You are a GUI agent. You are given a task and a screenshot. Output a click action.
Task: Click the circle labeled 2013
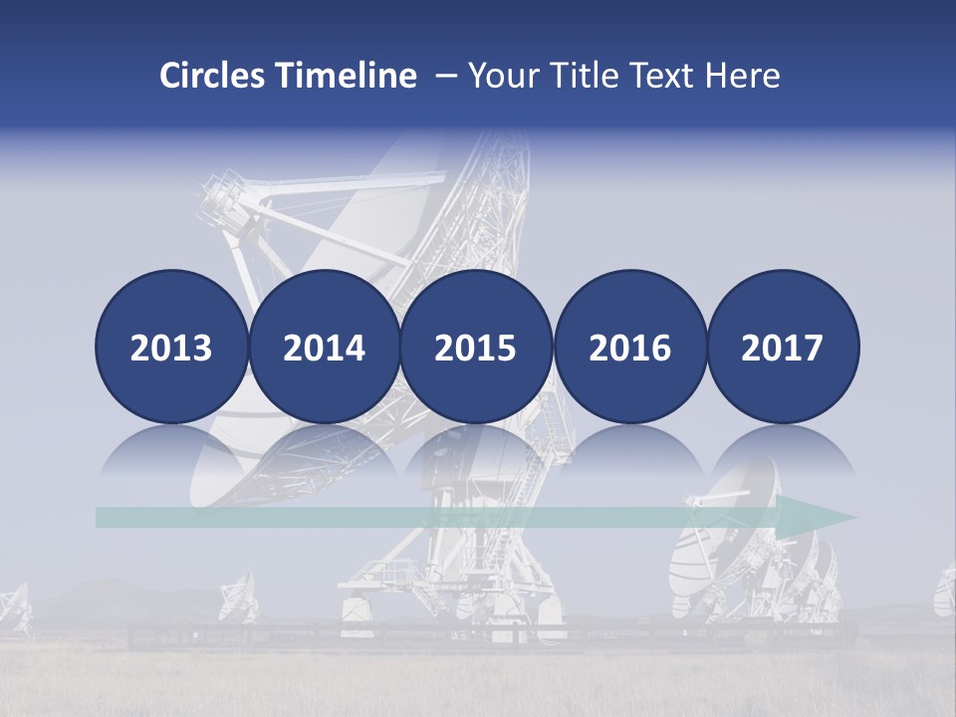[171, 347]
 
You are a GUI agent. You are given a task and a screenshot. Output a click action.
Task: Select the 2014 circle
[324, 347]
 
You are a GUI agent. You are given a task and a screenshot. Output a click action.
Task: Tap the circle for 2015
[476, 347]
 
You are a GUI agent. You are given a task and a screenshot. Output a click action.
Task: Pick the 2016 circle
[629, 347]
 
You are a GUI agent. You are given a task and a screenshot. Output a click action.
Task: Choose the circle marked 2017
[783, 347]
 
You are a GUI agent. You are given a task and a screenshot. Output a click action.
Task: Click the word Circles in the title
[213, 76]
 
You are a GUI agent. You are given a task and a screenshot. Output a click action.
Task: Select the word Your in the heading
[503, 76]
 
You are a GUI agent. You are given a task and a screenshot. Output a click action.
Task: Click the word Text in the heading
[666, 76]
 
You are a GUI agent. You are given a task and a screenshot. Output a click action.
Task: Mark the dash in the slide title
[445, 76]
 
